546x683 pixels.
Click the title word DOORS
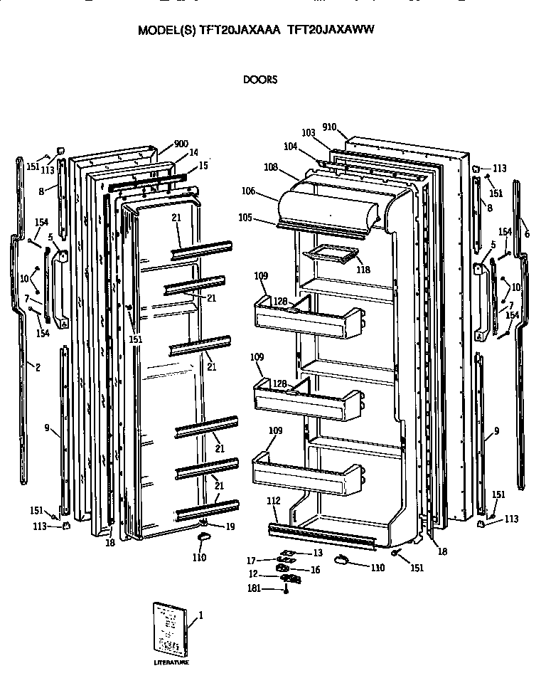259,80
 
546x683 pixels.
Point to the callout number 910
328,127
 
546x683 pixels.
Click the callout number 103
308,133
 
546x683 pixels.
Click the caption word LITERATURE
171,663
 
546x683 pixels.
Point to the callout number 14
193,153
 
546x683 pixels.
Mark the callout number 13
317,553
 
